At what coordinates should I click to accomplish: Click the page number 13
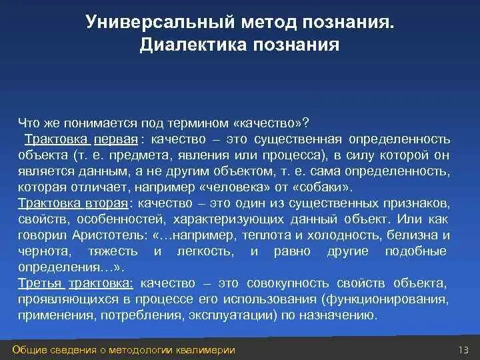pos(465,351)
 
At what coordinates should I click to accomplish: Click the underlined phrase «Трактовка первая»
pos(81,139)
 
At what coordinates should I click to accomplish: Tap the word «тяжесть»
pos(111,251)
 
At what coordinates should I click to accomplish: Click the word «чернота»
pos(40,251)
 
